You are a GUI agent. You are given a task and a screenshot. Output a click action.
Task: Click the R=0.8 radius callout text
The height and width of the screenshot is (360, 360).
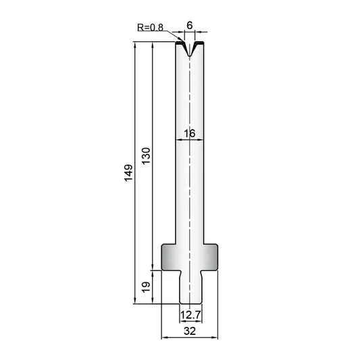click(x=150, y=27)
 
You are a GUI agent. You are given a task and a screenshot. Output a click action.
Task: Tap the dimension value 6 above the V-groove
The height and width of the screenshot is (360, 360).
click(x=190, y=26)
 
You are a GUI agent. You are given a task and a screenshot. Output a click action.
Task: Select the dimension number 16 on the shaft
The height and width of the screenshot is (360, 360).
click(x=190, y=133)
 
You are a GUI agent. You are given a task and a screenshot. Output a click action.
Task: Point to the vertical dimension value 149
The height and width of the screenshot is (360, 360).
click(x=128, y=173)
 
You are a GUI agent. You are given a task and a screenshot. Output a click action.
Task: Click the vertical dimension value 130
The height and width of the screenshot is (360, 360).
click(x=146, y=155)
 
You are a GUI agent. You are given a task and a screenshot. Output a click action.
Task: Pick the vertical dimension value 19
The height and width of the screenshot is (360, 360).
click(x=146, y=287)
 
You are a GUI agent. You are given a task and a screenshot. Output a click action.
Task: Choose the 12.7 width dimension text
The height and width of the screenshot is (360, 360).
click(x=190, y=315)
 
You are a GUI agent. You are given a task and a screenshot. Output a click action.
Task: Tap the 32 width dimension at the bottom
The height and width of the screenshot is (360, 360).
click(x=190, y=331)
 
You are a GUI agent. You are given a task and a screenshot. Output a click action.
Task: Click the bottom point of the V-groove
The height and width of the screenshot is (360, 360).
click(x=189, y=56)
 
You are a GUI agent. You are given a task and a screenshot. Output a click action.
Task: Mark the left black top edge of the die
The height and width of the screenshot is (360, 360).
click(x=180, y=43)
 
